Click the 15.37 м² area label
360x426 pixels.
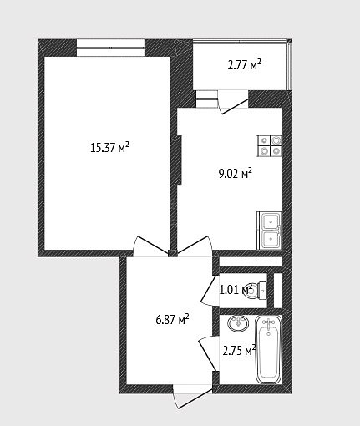click(109, 147)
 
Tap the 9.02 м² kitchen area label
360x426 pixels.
click(236, 174)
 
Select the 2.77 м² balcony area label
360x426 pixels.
click(245, 65)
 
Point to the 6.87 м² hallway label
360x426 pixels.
click(172, 320)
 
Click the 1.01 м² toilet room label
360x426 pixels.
click(236, 290)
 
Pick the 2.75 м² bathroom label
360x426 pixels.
click(239, 351)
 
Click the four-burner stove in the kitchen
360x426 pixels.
click(269, 145)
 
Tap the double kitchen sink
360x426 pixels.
click(270, 231)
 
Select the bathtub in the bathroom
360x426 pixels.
click(268, 349)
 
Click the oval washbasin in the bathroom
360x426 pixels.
click(238, 323)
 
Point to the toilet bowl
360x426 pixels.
click(257, 291)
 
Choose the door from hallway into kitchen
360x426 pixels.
click(195, 246)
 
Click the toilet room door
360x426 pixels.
click(210, 290)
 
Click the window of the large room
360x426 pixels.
click(110, 48)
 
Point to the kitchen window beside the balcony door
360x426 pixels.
click(206, 99)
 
